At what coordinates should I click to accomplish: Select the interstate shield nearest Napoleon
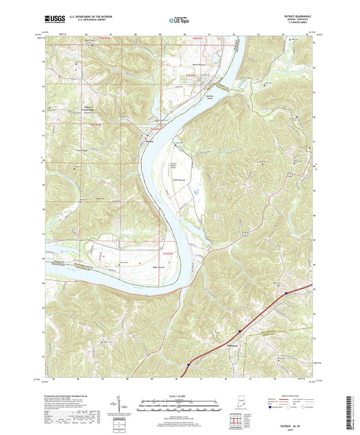pos(238,331)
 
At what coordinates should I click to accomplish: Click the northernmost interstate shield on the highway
pos(286,293)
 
